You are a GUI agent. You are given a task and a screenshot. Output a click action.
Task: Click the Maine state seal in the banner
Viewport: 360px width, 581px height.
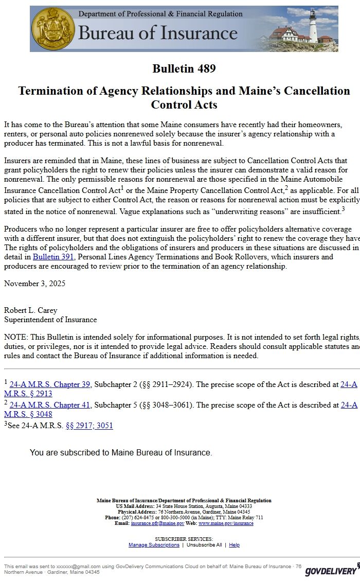pos(53,29)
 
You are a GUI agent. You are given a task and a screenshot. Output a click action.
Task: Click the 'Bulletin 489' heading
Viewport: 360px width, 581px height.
pos(184,68)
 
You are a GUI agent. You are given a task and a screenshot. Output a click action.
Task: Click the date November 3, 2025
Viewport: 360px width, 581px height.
pos(34,284)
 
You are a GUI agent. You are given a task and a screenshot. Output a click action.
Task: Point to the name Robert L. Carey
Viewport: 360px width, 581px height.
pos(30,310)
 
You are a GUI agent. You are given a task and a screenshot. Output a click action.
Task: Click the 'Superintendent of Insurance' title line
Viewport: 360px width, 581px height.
pos(50,320)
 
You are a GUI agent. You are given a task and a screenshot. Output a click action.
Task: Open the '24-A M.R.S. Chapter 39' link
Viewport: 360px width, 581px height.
pos(50,384)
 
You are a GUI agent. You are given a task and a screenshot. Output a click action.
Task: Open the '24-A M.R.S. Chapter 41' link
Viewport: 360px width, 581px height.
pos(50,405)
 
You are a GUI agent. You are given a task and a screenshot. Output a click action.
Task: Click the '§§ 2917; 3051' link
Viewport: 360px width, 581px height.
pos(89,426)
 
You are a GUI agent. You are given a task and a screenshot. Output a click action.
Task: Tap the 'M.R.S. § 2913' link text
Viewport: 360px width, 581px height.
pos(28,394)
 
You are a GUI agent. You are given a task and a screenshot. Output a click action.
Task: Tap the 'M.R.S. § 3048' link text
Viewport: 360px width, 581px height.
pos(28,414)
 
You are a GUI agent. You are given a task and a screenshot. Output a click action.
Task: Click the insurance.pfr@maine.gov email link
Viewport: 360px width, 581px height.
pos(157,523)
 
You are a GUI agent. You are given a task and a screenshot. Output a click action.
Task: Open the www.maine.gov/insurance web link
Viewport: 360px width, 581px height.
pos(226,523)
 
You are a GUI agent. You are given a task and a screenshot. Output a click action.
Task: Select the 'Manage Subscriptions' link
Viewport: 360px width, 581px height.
pos(154,545)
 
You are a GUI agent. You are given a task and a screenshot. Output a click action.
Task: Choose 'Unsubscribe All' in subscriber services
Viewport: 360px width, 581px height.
pos(204,545)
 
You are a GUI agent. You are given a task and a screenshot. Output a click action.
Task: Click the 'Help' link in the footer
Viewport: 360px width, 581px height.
pos(234,545)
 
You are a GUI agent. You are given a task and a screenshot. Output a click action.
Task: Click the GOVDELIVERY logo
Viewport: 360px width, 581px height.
pos(331,571)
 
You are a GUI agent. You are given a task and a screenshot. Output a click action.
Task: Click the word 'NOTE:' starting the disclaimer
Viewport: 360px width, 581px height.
pos(16,337)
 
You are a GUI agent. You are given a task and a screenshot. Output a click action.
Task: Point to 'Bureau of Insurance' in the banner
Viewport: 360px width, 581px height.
pos(157,33)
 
